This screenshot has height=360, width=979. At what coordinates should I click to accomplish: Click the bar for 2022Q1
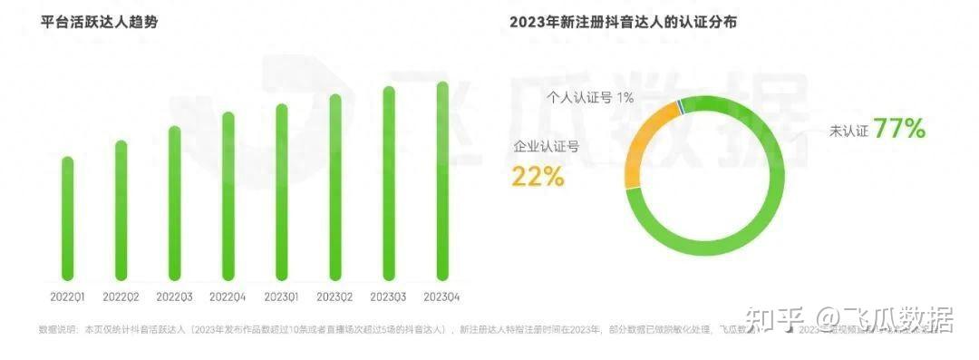(x=67, y=219)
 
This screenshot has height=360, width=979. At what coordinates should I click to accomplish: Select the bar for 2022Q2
(x=121, y=210)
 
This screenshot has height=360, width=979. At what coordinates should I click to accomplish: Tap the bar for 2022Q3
(x=174, y=203)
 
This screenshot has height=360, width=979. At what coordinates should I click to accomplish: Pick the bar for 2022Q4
(x=228, y=196)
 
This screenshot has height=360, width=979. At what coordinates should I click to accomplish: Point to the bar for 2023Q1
(x=282, y=192)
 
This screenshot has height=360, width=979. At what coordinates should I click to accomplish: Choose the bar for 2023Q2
(x=335, y=188)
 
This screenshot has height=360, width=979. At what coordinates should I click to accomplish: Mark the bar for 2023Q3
(x=389, y=183)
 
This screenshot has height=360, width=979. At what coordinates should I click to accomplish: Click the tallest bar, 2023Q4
(x=442, y=181)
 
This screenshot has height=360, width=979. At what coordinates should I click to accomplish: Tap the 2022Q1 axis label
(x=67, y=297)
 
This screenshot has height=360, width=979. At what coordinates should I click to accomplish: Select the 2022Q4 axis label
(x=228, y=297)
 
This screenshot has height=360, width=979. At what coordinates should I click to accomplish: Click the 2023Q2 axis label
(x=335, y=297)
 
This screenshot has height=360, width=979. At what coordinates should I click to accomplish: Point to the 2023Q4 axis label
(x=442, y=297)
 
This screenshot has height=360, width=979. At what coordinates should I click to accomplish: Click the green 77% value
(x=899, y=130)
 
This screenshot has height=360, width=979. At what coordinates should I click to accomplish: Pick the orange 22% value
(x=538, y=176)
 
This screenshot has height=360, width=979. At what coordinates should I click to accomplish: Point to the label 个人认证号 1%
(x=590, y=97)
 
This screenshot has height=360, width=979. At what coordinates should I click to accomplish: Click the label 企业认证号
(x=547, y=145)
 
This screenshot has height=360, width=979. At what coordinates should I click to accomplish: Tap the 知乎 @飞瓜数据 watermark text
(x=848, y=319)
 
